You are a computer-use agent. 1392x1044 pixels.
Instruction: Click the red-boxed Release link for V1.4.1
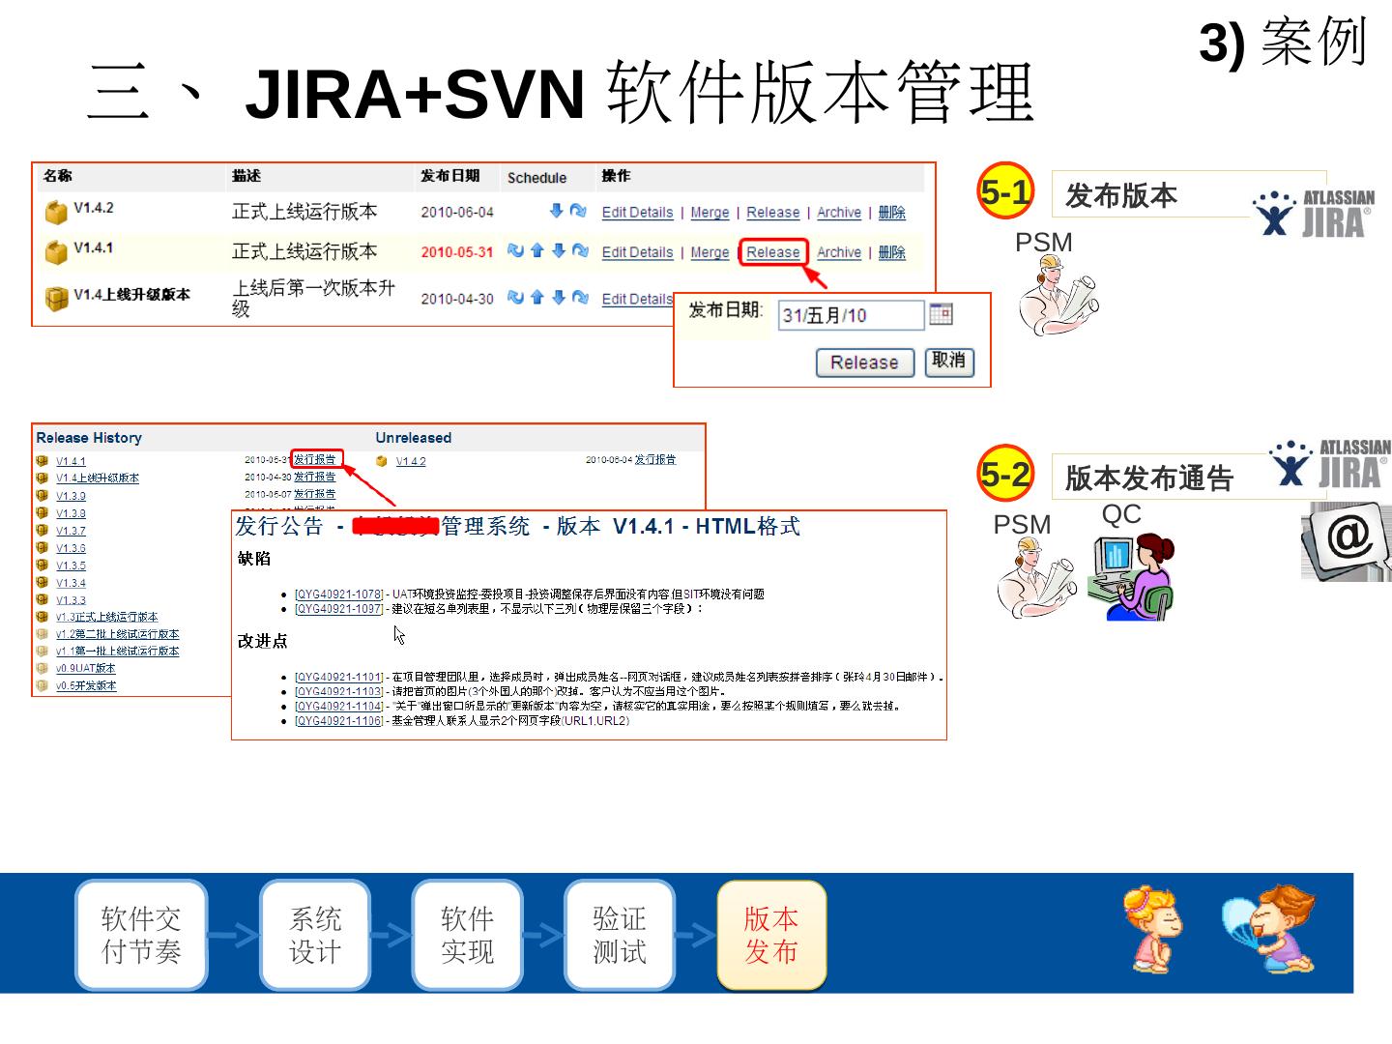point(772,252)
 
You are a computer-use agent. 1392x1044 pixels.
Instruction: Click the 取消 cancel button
point(949,362)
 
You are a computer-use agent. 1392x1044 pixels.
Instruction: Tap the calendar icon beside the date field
point(941,314)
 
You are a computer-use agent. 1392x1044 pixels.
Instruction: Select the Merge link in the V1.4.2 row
point(710,213)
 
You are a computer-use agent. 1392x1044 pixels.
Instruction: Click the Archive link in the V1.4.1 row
point(838,252)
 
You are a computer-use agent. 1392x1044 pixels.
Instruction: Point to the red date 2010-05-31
point(456,252)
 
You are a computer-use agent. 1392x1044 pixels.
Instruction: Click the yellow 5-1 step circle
point(1005,191)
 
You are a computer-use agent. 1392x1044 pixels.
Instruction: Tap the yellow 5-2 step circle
point(1005,474)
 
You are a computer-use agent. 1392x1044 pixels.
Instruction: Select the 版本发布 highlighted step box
point(771,935)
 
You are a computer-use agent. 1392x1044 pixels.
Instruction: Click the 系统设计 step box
point(315,935)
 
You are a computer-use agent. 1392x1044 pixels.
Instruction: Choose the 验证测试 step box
point(619,935)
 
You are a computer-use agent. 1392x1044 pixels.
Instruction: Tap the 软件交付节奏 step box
point(141,935)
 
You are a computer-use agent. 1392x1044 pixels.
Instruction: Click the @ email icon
point(1348,538)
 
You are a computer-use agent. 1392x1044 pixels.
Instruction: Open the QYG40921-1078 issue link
point(338,594)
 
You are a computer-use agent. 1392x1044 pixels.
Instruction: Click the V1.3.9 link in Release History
point(71,496)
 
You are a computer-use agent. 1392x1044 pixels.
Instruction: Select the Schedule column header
point(536,178)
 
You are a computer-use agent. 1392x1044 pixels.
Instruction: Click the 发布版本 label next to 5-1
point(1121,196)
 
